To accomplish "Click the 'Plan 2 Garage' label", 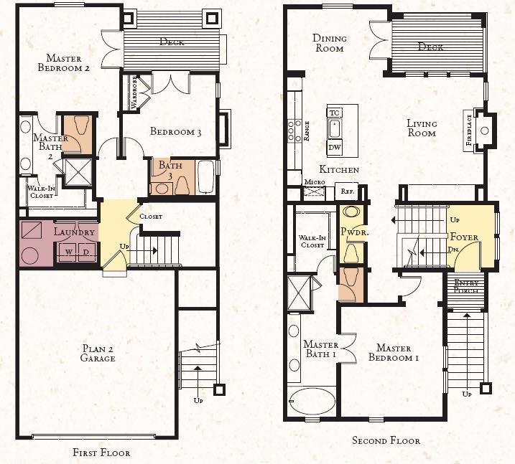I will click(x=98, y=353).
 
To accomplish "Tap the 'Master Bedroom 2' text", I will click(x=68, y=63).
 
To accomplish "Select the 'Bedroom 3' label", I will click(x=175, y=131).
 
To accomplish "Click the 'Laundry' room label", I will click(x=74, y=232).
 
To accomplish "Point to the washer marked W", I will click(x=69, y=252).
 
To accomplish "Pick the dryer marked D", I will click(x=86, y=252).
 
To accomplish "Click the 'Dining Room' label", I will click(x=329, y=43).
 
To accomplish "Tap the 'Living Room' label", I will click(x=422, y=128).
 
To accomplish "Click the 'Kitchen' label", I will click(x=339, y=170).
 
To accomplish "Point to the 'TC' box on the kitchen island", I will click(x=334, y=113).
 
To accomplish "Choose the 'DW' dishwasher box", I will click(x=334, y=147).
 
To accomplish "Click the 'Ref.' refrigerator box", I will click(x=345, y=191).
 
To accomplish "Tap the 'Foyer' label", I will click(x=464, y=236).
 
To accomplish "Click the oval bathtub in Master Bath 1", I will click(x=312, y=401).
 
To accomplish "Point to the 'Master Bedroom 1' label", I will click(x=393, y=352).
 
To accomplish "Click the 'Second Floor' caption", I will click(x=386, y=440).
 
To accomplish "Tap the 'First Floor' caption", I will click(x=101, y=453).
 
